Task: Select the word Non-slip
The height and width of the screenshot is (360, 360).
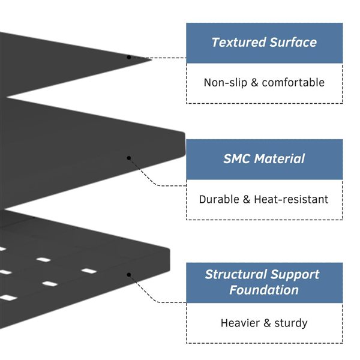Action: [223, 83]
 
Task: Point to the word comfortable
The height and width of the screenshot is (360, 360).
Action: [293, 83]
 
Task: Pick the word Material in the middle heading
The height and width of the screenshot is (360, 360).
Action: [280, 159]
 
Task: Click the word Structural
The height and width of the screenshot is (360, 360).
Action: [235, 275]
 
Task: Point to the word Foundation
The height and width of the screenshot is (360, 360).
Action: [264, 290]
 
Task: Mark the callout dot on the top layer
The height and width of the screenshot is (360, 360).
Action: [128, 57]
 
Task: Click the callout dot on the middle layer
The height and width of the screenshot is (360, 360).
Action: [128, 158]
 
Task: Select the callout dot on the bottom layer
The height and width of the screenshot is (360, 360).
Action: [128, 274]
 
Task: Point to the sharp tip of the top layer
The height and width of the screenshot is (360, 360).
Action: [151, 58]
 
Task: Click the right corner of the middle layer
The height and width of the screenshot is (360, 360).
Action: [183, 135]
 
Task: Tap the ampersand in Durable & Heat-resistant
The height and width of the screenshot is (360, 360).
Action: [247, 199]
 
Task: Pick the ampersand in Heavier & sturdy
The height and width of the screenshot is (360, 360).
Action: [266, 323]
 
